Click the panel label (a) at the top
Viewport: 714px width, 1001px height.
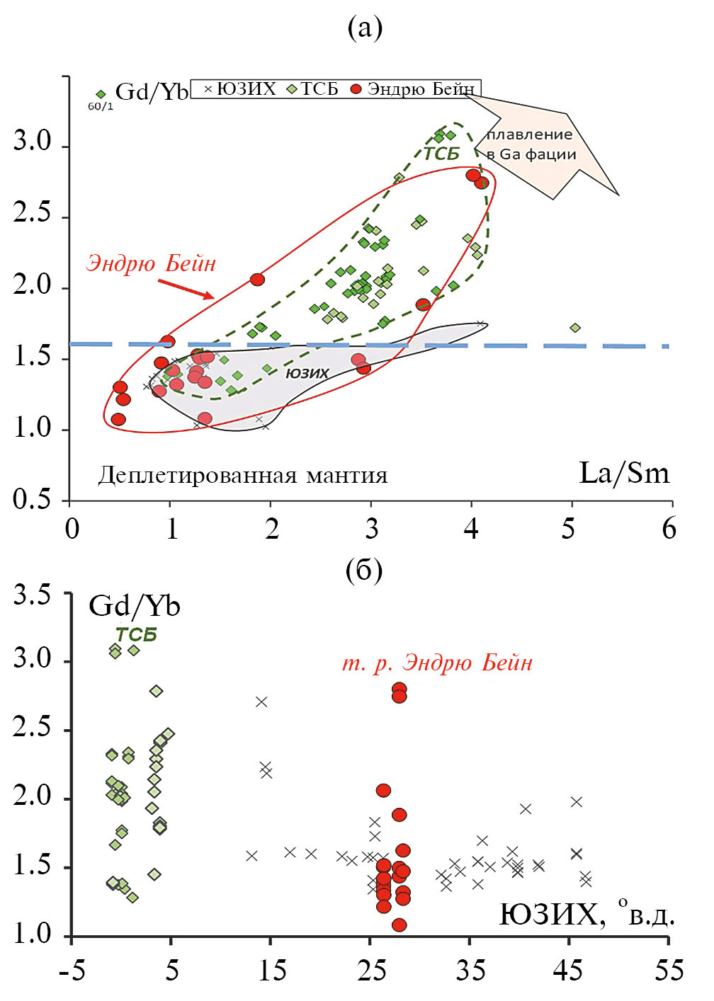[365, 28]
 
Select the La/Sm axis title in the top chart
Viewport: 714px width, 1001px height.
[623, 473]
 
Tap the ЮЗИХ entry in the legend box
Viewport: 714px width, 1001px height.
[241, 89]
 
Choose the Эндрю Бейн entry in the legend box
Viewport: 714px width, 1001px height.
[414, 89]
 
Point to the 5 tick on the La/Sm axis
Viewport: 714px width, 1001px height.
[569, 529]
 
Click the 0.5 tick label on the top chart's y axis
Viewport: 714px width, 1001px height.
[33, 499]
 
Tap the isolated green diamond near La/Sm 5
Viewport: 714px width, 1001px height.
[575, 328]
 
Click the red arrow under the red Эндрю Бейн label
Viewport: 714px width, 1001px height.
[185, 289]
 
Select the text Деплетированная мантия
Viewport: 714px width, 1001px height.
[242, 474]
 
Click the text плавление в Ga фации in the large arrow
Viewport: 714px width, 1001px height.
[531, 144]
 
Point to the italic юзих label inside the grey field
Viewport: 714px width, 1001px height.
[307, 373]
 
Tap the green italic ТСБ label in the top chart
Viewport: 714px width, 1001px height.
[441, 153]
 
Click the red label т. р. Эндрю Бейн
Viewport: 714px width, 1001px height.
[437, 663]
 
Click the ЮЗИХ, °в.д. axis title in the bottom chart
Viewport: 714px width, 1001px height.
[587, 915]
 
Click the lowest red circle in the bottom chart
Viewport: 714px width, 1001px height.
[399, 925]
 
